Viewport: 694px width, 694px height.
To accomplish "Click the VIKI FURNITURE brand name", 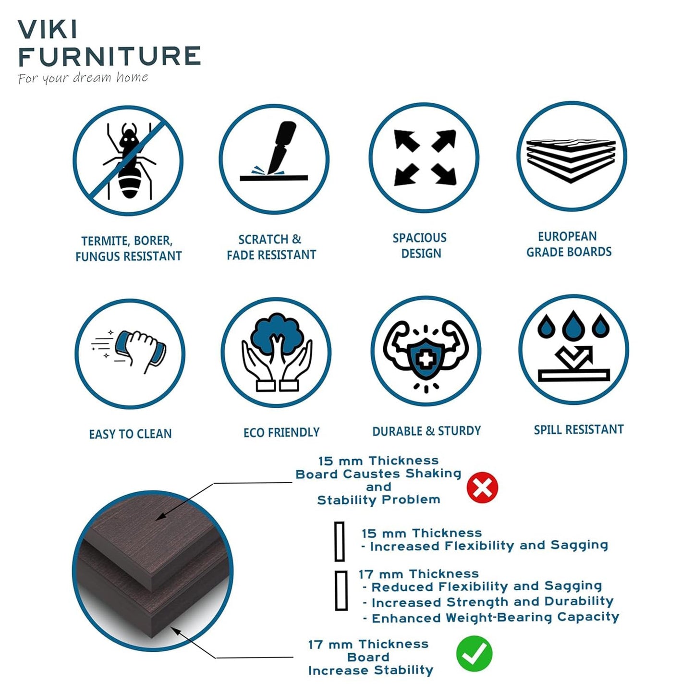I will tap(109, 44).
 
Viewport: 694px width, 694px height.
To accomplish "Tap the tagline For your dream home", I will tap(83, 78).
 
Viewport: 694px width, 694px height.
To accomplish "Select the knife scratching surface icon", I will tap(274, 159).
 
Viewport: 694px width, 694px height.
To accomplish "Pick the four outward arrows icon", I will tap(424, 158).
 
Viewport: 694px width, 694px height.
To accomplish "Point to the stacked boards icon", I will tap(572, 157).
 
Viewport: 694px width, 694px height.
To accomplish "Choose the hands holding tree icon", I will tap(276, 353).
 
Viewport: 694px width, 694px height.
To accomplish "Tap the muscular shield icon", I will tap(426, 351).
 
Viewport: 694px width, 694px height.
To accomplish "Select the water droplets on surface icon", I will tap(573, 349).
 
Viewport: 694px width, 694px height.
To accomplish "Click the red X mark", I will tap(482, 487).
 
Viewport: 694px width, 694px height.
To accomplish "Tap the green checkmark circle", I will tap(474, 654).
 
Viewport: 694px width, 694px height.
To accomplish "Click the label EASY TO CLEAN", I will tap(130, 434).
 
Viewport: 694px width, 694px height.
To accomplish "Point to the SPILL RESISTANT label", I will tap(579, 429).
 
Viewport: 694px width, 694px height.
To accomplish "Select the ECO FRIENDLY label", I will tap(281, 432).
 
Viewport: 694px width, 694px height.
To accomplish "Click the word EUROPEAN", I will tap(567, 236).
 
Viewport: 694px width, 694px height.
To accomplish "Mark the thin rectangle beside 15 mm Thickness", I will tap(340, 541).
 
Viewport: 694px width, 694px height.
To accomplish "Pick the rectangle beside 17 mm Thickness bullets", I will tap(341, 590).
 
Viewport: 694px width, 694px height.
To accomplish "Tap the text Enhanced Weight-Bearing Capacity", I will tap(495, 618).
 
